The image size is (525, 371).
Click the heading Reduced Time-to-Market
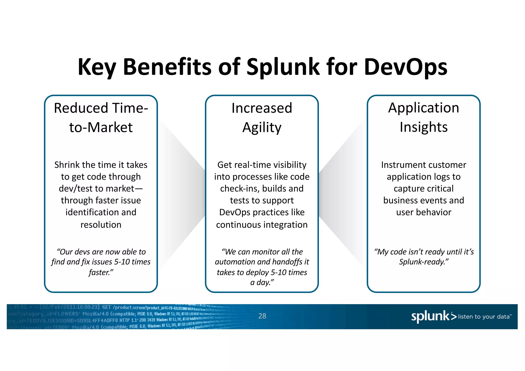pos(101,118)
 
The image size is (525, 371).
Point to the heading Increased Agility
pos(262,118)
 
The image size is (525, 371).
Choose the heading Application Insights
pos(423,117)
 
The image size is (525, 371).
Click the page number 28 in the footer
pos(262,316)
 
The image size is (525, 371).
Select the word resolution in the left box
pos(101,225)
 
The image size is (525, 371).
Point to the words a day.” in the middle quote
pos(262,282)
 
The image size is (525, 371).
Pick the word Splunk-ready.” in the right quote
pos(423,262)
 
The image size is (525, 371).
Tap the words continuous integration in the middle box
pos(262,225)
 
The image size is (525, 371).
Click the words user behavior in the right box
pos(423,212)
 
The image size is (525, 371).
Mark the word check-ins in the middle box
pos(239,189)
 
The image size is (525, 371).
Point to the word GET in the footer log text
pos(106,307)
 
